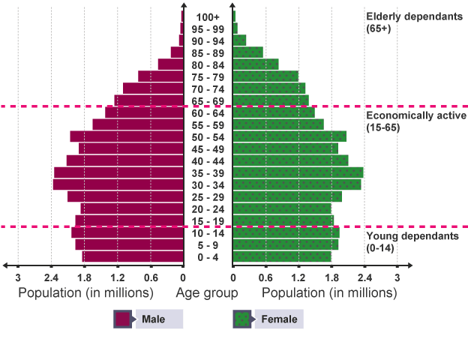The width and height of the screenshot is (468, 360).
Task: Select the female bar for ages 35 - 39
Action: (298, 172)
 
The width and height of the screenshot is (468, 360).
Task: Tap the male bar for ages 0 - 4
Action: (133, 256)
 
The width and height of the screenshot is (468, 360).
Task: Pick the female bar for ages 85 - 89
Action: (247, 52)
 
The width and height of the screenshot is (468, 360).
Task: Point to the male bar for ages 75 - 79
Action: (161, 76)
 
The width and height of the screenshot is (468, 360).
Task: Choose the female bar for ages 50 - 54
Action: (289, 136)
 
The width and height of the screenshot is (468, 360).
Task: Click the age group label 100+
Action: (208, 16)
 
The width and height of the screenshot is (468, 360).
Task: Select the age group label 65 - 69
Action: (208, 100)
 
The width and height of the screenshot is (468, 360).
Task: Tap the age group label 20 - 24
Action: (208, 208)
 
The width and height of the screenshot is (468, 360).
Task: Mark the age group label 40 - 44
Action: (208, 160)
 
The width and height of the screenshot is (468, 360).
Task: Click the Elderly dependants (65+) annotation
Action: (411, 22)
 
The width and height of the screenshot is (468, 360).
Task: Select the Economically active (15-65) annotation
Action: (415, 121)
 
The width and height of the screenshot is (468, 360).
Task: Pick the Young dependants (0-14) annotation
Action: (411, 241)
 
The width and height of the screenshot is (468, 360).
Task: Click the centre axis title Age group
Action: (207, 292)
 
